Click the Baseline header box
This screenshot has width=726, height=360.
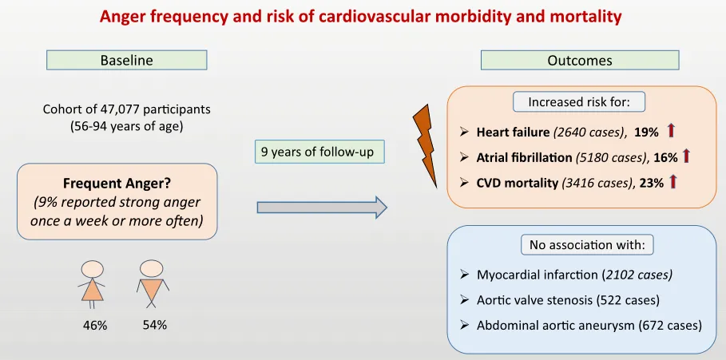(126, 60)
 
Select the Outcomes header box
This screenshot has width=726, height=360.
(580, 60)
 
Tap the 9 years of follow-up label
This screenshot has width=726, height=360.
(320, 152)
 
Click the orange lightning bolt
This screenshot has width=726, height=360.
(426, 147)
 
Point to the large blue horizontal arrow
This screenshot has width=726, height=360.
(322, 208)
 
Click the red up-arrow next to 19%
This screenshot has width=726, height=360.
(672, 131)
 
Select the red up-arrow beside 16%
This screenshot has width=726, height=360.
(686, 156)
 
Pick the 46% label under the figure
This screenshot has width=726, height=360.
(95, 326)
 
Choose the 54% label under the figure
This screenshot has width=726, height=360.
(155, 325)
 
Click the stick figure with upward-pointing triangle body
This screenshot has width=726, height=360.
(92, 284)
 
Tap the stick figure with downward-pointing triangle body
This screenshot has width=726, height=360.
(153, 283)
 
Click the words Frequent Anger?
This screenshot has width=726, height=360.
(117, 184)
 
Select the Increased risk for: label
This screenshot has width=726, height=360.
(579, 102)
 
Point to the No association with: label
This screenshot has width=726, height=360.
(587, 245)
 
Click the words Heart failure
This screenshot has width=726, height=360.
(513, 132)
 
